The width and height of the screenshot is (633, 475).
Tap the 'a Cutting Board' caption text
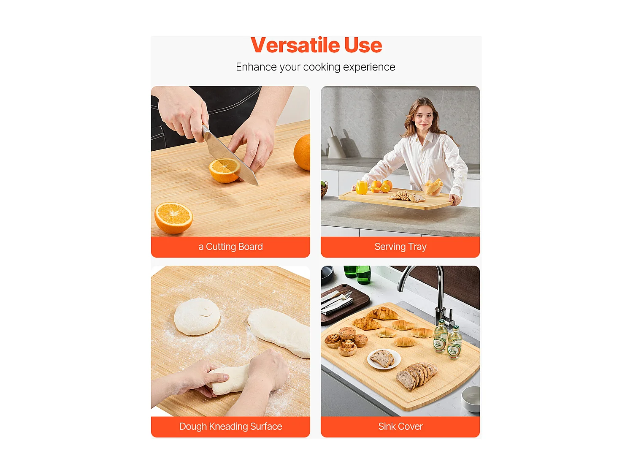230,247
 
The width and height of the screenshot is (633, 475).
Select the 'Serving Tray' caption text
400,247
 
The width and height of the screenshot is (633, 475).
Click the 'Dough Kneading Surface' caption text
230,426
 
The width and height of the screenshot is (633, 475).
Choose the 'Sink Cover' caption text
400,426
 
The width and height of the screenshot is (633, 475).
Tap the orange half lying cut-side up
173,218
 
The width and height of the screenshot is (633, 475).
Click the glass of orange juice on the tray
362,187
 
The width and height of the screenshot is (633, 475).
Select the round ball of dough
197,317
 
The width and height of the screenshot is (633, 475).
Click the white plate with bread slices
384,359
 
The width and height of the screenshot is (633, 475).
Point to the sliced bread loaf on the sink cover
417,375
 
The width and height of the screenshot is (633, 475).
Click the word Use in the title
363,45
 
